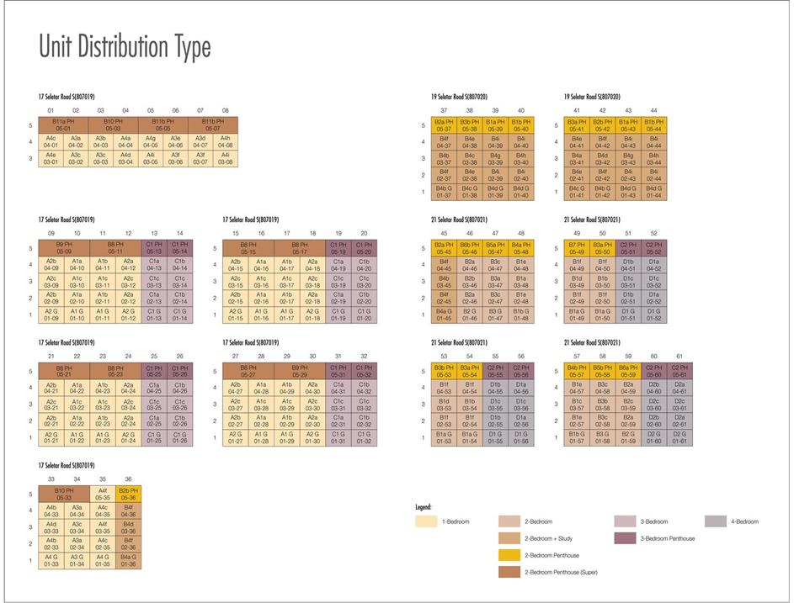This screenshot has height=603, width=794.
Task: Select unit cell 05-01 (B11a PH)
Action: [63, 126]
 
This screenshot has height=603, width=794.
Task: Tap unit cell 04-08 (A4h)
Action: [225, 143]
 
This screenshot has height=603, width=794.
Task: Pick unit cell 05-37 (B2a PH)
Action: [444, 126]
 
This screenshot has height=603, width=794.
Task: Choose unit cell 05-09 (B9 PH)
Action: [64, 248]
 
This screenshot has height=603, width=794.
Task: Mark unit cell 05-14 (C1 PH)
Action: [180, 248]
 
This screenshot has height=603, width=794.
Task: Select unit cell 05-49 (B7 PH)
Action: [577, 248]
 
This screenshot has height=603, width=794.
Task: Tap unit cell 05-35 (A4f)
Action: [103, 494]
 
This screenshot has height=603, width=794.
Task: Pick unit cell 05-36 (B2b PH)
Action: [129, 494]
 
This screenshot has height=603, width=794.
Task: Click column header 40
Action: [521, 110]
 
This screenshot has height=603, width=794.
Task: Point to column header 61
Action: [679, 356]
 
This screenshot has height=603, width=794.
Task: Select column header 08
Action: [225, 110]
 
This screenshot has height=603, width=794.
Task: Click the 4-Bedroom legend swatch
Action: [715, 521]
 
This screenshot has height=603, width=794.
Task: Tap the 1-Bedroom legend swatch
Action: [428, 521]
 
